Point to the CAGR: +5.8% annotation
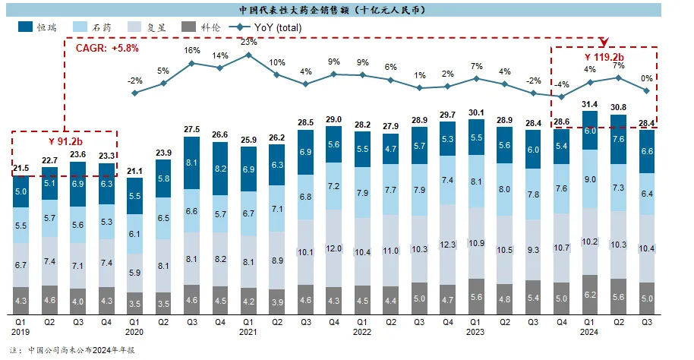107,48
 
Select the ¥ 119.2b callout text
604,56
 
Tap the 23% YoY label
249,43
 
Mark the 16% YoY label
192,50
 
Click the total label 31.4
589,104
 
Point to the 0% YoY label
646,78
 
